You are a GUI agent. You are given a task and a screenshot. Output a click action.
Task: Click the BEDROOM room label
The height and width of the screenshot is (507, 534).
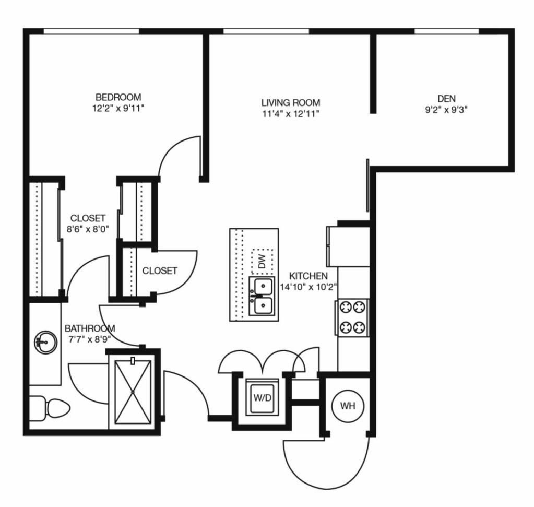point(118,97)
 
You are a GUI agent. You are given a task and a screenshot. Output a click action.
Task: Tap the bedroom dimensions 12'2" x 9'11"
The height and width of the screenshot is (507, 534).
point(118,109)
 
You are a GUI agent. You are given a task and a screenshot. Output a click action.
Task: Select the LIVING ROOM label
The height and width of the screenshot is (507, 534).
point(291,102)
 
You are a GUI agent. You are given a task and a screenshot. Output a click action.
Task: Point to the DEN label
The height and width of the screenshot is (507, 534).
point(446,99)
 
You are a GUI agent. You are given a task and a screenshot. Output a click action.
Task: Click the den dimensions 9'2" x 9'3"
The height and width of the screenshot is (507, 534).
point(446,110)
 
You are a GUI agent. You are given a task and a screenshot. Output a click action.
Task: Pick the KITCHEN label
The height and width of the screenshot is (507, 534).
point(308,276)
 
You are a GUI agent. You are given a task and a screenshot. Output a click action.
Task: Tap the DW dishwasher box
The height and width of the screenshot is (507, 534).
point(262,262)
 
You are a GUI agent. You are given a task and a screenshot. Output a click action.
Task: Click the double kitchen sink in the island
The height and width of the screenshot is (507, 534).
point(262,296)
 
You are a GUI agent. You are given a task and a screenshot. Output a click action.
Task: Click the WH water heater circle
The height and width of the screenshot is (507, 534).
point(348,406)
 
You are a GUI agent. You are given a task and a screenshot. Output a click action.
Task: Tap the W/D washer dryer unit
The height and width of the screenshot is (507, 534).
point(262,397)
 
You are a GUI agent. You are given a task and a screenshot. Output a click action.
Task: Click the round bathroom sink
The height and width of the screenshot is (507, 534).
point(45,342)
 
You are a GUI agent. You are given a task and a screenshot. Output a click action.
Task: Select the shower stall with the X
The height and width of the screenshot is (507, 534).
point(133,392)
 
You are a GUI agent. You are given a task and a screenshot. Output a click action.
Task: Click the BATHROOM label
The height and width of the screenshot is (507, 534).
point(90,328)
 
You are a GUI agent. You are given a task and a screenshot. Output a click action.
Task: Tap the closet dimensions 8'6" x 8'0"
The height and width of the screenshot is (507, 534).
point(88,229)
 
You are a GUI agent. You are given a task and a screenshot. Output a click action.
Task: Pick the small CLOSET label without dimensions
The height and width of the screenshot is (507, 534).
point(160,271)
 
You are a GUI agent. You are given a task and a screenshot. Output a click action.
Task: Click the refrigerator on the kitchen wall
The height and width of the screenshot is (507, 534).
point(348,246)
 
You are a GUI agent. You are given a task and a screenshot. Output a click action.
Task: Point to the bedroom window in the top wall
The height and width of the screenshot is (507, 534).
point(91,31)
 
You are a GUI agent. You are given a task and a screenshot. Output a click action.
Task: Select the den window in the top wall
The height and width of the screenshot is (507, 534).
point(446,31)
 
